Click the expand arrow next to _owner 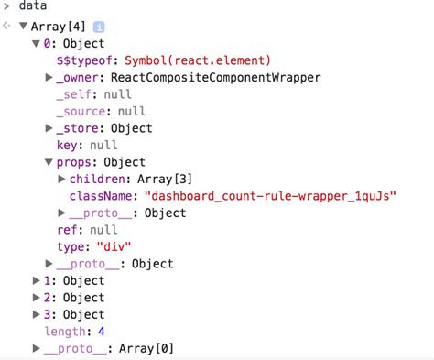click(x=49, y=78)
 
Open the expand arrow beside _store click(x=49, y=128)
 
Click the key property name click(x=68, y=146)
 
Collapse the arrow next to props click(x=49, y=162)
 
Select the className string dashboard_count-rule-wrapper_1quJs click(x=271, y=196)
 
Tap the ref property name click(x=68, y=230)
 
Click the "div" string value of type click(x=114, y=246)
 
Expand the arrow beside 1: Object click(x=36, y=280)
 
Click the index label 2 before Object click(x=48, y=298)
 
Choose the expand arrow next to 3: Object click(x=36, y=314)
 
